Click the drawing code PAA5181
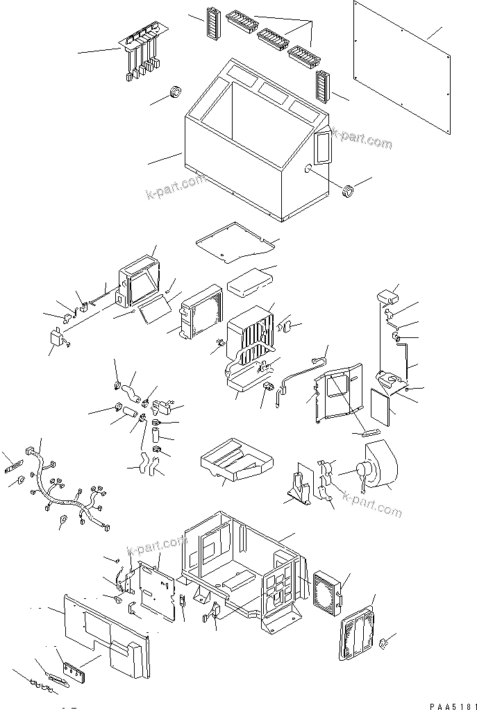[x=451, y=705]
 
